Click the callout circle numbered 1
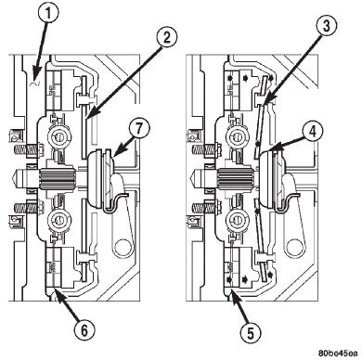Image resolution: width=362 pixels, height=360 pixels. [47, 13]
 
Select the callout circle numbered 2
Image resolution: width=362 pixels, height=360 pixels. [166, 38]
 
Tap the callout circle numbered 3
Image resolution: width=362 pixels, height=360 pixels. [326, 26]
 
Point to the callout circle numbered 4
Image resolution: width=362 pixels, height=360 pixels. [313, 132]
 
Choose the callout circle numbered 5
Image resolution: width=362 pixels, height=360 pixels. [251, 334]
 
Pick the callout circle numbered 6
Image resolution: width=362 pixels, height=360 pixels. [84, 330]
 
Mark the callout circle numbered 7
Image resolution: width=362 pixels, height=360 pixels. [139, 129]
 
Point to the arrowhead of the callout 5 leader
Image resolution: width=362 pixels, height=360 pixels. [234, 294]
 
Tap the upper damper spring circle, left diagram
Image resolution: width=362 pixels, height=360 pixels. [58, 136]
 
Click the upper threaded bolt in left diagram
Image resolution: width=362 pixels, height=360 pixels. [29, 150]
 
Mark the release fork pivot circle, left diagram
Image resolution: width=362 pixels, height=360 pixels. [123, 247]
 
